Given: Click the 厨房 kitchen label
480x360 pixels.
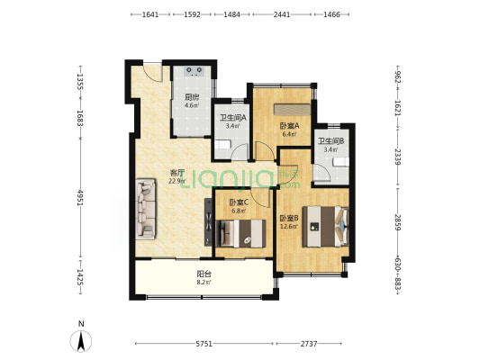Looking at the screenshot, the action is [x=192, y=97].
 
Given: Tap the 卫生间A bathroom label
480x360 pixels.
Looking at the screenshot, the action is [x=233, y=118].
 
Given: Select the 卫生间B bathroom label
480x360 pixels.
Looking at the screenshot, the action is [x=331, y=141].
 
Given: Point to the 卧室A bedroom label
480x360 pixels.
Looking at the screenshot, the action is [x=289, y=126].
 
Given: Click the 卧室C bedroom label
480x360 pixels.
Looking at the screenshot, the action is [x=239, y=202].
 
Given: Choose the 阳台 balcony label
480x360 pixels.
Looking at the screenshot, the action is [x=204, y=274].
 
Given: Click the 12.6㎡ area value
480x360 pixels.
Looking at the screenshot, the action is [x=289, y=226].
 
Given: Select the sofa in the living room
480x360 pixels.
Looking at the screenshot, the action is [x=146, y=209].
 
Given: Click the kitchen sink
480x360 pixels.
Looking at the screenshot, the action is [x=195, y=71].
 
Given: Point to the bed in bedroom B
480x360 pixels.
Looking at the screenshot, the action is [x=325, y=226].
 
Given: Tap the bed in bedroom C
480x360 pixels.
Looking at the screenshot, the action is [x=240, y=234].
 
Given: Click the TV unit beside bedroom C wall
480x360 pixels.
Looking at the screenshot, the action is [x=208, y=221].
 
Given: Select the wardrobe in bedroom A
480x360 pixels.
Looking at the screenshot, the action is [x=292, y=109].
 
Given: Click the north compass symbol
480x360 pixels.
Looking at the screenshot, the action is [x=81, y=341].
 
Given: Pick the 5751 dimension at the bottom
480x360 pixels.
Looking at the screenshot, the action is [x=204, y=344].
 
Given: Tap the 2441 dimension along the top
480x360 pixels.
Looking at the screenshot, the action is [x=282, y=14].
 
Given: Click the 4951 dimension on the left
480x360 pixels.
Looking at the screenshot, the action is [x=80, y=198].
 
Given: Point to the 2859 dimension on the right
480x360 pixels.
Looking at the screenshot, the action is [x=397, y=222].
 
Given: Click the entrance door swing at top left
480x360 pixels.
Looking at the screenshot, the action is [x=153, y=73].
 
